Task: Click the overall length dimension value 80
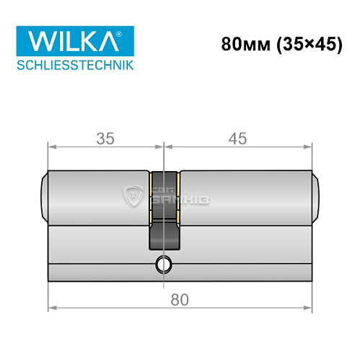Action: [180, 299]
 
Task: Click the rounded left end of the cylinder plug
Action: [45, 195]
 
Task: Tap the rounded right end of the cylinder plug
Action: [316, 195]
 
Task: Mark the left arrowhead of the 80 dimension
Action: [51, 308]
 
